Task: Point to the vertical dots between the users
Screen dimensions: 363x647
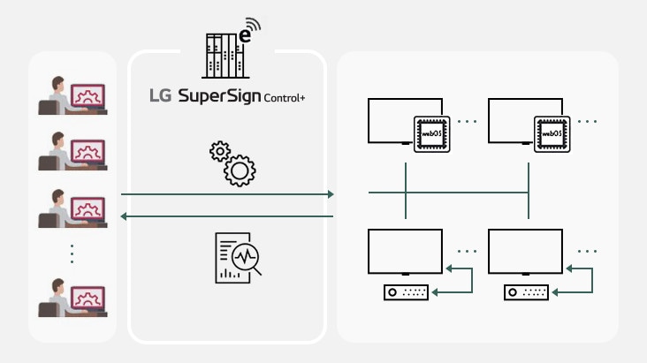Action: (72, 253)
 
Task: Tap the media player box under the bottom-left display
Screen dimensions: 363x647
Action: (406, 292)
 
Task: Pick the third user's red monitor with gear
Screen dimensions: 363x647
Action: (88, 209)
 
